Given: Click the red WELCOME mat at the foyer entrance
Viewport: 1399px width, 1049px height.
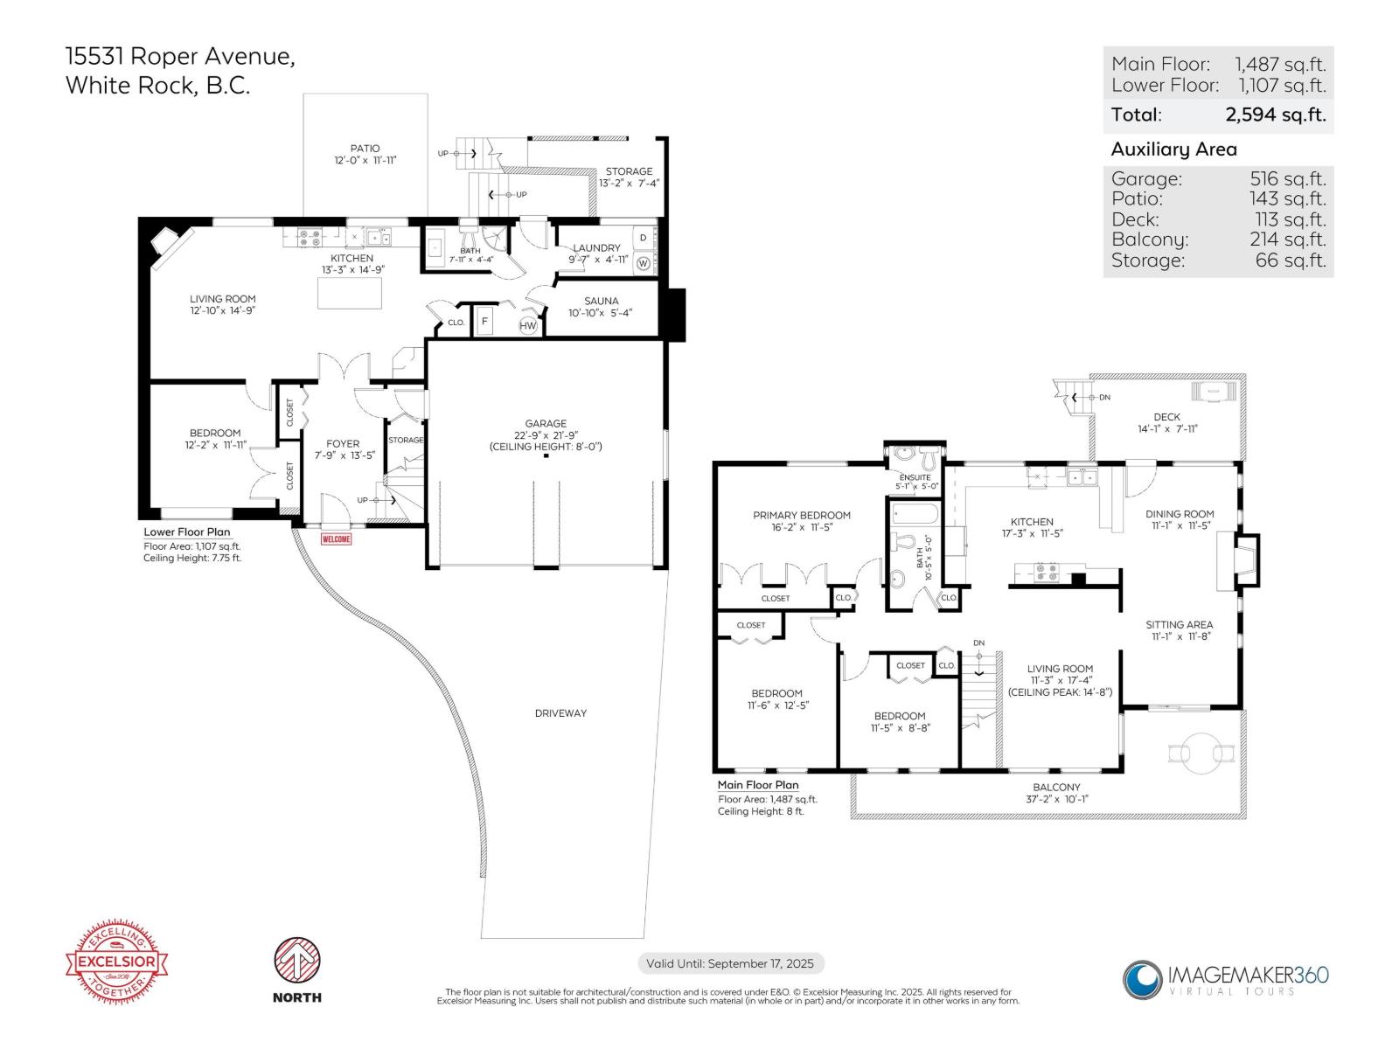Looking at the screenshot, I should pyautogui.click(x=336, y=539).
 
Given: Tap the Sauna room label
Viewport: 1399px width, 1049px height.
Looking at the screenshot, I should pyautogui.click(x=601, y=301).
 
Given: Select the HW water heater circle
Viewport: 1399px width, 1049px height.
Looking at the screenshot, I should pyautogui.click(x=528, y=326).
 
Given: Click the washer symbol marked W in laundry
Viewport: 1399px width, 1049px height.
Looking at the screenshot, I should pyautogui.click(x=643, y=262).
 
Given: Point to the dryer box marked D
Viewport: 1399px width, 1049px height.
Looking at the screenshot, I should pyautogui.click(x=643, y=238).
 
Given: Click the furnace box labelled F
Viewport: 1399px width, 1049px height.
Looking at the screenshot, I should pyautogui.click(x=484, y=321).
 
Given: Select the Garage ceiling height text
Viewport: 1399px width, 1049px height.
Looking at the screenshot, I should pyautogui.click(x=546, y=447).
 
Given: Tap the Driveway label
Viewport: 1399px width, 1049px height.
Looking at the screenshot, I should pyautogui.click(x=560, y=713).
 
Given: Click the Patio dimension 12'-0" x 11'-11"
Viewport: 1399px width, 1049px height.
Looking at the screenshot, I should pyautogui.click(x=365, y=161).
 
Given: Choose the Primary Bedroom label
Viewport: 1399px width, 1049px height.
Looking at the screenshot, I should pyautogui.click(x=801, y=515).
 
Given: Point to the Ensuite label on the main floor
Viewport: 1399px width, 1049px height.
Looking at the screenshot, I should pyautogui.click(x=915, y=477).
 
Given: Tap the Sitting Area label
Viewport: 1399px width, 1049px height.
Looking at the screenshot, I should pyautogui.click(x=1179, y=624).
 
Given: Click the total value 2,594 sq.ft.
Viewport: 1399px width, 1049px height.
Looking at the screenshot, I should pyautogui.click(x=1275, y=115).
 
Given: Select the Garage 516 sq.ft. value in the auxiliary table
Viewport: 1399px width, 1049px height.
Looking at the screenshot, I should pyautogui.click(x=1287, y=179).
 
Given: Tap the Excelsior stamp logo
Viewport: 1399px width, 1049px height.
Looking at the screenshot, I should pyautogui.click(x=117, y=962).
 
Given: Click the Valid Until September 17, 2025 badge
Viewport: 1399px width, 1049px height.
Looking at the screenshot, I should pyautogui.click(x=730, y=963).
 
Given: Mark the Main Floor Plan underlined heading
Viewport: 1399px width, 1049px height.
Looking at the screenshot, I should pyautogui.click(x=757, y=785).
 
